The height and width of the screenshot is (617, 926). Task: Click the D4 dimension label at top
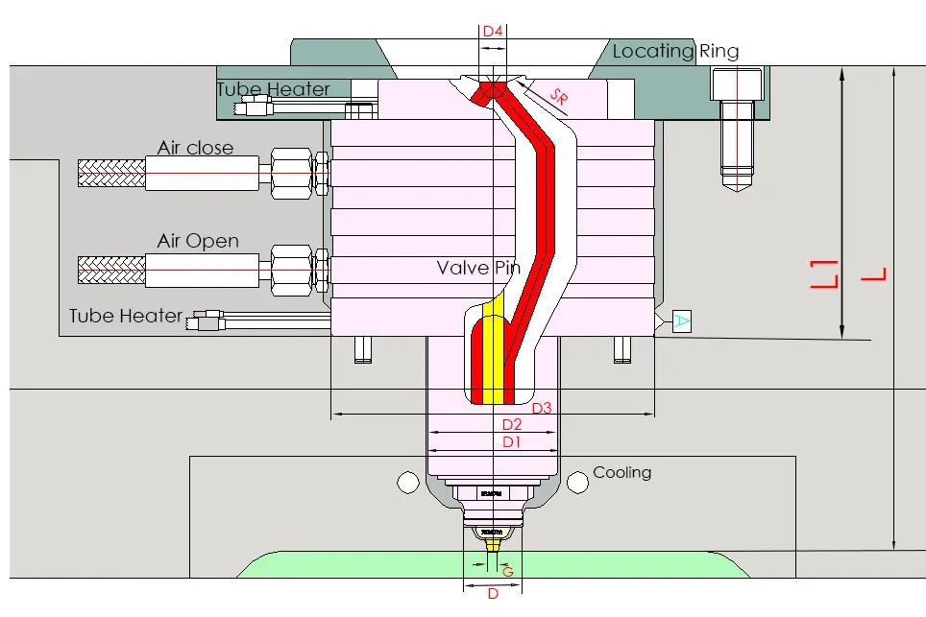tap(493, 32)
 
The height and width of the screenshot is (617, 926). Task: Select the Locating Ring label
tap(675, 52)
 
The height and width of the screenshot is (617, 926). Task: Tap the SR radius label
tap(559, 97)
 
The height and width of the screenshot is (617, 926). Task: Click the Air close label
tap(195, 148)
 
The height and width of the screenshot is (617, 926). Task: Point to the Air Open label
tap(198, 240)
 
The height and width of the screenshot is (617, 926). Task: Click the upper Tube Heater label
tap(273, 89)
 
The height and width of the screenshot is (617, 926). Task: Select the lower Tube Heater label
tap(125, 316)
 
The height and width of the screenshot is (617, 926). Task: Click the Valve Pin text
tap(478, 268)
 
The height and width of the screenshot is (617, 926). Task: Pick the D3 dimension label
tap(542, 408)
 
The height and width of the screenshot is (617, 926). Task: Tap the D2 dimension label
tap(512, 424)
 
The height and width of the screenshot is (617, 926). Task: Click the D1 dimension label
tap(512, 441)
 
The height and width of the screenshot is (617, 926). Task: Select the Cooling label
tap(621, 472)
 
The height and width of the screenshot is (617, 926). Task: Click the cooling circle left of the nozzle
tap(407, 481)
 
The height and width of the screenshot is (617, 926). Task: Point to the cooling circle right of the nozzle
tap(576, 481)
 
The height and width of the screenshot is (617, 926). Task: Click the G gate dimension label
tap(508, 572)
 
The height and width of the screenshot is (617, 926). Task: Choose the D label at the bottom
tap(493, 594)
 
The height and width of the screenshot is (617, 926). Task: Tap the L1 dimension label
tap(824, 274)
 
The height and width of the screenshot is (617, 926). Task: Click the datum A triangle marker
tap(680, 321)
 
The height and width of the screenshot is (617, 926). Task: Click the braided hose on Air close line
tap(110, 175)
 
